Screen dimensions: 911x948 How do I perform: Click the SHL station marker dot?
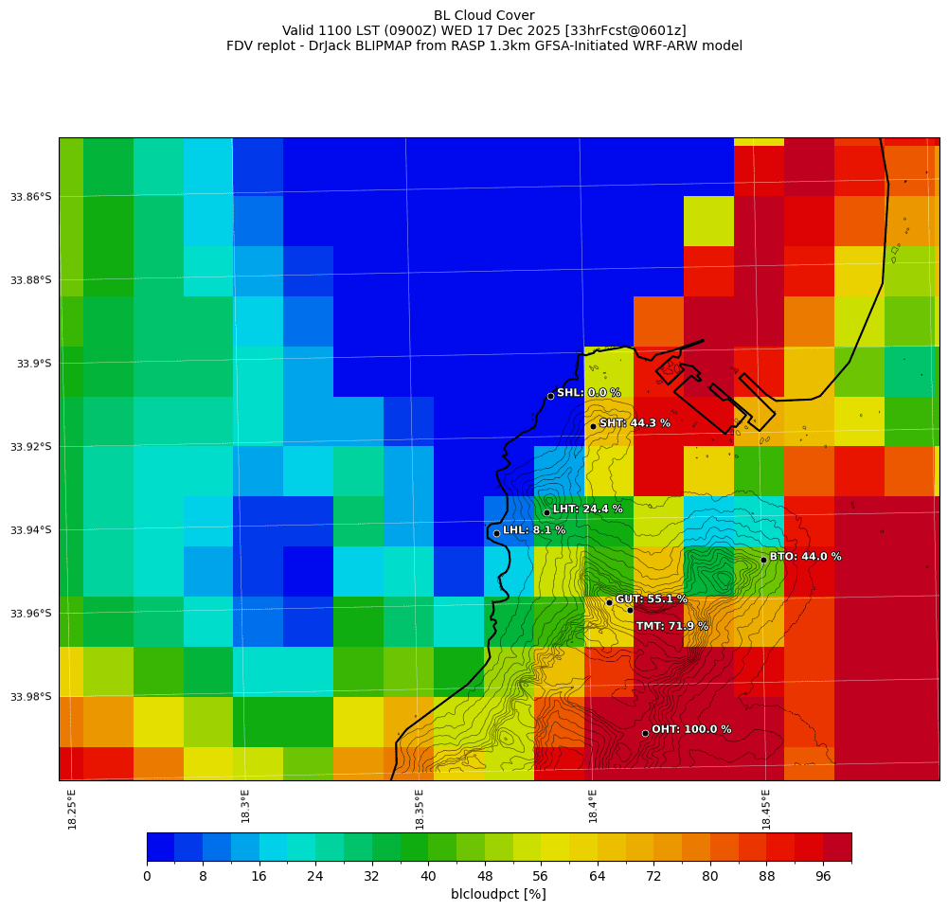click(550, 396)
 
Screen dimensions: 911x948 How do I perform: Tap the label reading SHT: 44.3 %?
click(635, 423)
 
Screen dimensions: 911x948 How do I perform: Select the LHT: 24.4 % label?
click(587, 509)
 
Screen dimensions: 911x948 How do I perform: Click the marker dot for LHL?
click(496, 533)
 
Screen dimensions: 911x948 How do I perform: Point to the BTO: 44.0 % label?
click(805, 557)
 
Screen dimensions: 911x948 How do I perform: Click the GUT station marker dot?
click(609, 602)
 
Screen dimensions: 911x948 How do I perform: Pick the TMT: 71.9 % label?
click(671, 626)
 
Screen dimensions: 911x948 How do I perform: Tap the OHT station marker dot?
click(645, 733)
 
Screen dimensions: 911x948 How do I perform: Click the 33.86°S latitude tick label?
click(31, 197)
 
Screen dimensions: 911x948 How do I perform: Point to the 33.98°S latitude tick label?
click(31, 697)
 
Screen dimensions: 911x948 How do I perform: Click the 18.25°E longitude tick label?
click(73, 809)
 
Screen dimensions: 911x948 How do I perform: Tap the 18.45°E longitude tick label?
click(766, 809)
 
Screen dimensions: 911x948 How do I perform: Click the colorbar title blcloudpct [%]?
click(498, 894)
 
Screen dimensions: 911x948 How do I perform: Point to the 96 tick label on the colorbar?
click(823, 877)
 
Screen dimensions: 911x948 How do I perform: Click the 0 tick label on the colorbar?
click(147, 877)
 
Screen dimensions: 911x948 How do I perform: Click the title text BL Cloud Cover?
click(484, 15)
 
